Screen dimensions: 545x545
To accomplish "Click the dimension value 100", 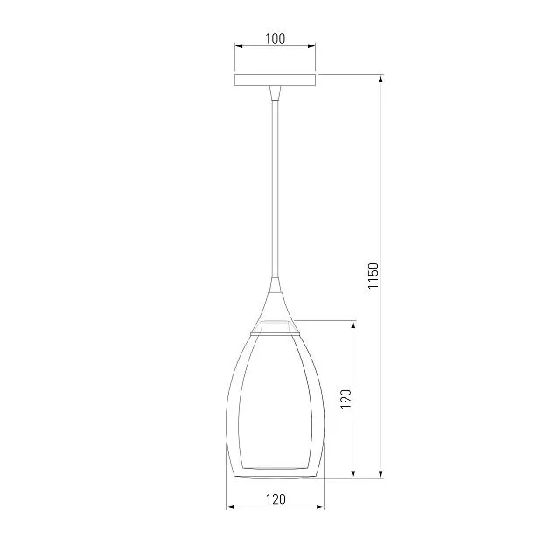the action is [x=275, y=38].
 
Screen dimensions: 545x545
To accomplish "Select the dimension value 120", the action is [x=276, y=500].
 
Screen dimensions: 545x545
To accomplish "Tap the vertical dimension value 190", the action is [x=346, y=399].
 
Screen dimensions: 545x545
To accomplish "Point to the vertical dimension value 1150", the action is [x=373, y=276].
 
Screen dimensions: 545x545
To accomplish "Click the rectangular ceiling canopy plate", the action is [x=275, y=80].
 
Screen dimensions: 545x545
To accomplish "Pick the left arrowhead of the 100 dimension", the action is [x=239, y=45].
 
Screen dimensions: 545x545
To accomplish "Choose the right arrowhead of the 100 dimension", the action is [x=311, y=45].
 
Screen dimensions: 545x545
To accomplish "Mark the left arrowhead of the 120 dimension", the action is [x=230, y=507].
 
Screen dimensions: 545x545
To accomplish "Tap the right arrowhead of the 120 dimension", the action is [x=320, y=507].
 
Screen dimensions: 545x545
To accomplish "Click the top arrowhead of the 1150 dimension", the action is [x=381, y=79].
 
